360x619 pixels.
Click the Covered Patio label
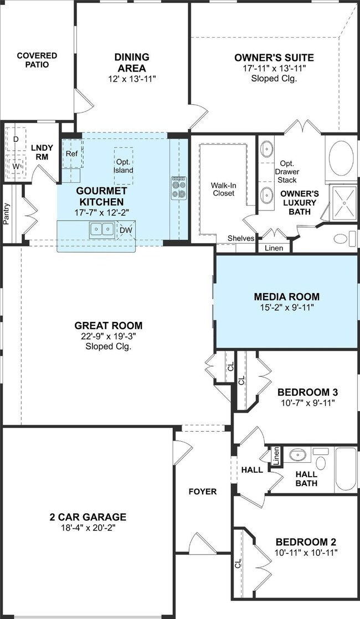37,60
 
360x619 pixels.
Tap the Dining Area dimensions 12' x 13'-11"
132,79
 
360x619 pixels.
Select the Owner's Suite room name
274,58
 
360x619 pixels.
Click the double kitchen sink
102,229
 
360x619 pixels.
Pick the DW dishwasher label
126,230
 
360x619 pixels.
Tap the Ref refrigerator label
72,154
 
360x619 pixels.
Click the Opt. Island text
124,166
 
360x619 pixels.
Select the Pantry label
6,213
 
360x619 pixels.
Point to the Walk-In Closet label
223,189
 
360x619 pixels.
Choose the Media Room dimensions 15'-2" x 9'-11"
286,308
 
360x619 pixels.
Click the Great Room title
109,326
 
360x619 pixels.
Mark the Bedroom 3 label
307,392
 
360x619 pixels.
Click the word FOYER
203,492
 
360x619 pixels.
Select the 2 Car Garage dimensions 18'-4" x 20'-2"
88,528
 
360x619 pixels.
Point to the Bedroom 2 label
306,541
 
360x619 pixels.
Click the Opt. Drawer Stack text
287,172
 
